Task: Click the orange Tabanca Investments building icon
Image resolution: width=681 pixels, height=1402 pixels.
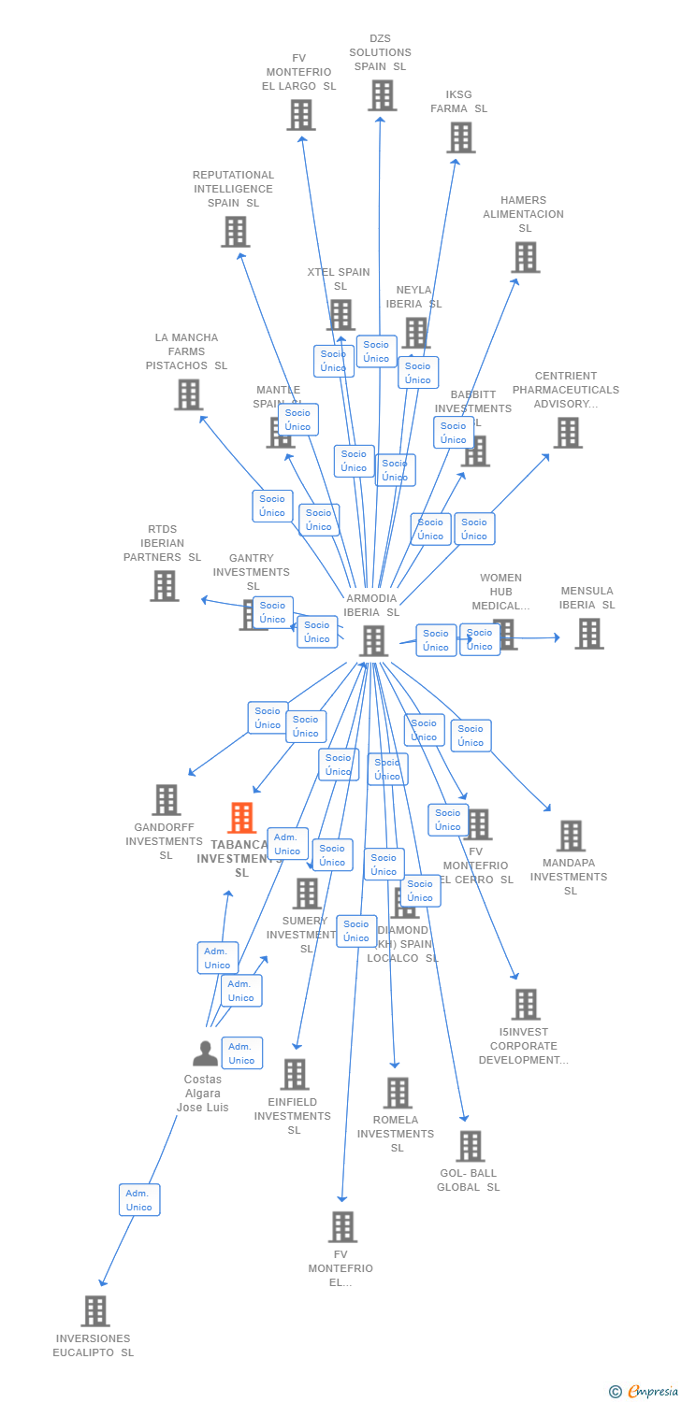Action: tap(242, 818)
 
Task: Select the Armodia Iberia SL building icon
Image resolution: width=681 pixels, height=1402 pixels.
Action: tap(373, 641)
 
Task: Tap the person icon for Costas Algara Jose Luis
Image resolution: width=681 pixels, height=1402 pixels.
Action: tap(205, 1053)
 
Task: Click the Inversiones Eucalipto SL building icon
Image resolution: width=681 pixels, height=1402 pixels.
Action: tap(94, 1311)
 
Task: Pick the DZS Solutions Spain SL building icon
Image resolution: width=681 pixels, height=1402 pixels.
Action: tap(382, 95)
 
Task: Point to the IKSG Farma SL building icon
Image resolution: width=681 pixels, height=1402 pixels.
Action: tap(460, 137)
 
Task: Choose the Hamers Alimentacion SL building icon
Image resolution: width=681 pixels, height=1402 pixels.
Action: tap(526, 257)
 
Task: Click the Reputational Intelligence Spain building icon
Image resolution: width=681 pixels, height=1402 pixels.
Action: tap(235, 231)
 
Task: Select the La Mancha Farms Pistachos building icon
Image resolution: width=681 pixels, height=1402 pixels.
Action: tap(188, 394)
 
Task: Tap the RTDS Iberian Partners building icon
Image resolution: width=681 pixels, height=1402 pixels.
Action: tap(164, 586)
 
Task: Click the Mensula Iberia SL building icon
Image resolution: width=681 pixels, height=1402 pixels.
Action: tap(588, 633)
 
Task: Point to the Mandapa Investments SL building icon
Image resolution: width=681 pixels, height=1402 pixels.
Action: tap(570, 836)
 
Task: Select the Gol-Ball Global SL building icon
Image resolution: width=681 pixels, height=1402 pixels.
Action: tap(470, 1146)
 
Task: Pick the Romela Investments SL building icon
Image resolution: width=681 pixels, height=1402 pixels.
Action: tap(397, 1093)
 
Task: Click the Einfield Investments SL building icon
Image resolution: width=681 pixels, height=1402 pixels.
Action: tap(294, 1075)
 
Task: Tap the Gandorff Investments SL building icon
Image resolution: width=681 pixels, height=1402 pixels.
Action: tap(167, 800)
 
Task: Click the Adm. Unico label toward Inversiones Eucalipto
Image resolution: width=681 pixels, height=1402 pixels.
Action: tap(139, 1200)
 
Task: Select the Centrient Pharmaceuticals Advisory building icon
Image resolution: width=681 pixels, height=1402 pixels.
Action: tap(567, 433)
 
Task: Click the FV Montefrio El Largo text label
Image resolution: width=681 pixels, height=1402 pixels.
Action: tap(298, 72)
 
